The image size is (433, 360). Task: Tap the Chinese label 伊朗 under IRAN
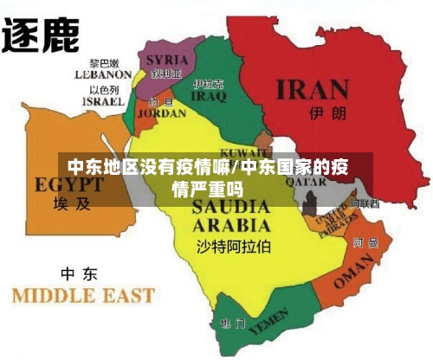[322, 113]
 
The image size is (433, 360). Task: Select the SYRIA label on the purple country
[166, 60]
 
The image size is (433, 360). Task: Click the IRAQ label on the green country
[209, 97]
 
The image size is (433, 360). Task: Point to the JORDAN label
[161, 112]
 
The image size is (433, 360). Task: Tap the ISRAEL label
[103, 101]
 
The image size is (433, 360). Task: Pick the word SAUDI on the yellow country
[229, 208]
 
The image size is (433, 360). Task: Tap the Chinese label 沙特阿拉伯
[233, 247]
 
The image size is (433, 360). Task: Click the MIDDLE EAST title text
[82, 295]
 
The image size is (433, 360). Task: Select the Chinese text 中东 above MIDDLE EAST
[78, 274]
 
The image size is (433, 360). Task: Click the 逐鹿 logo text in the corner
[41, 35]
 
